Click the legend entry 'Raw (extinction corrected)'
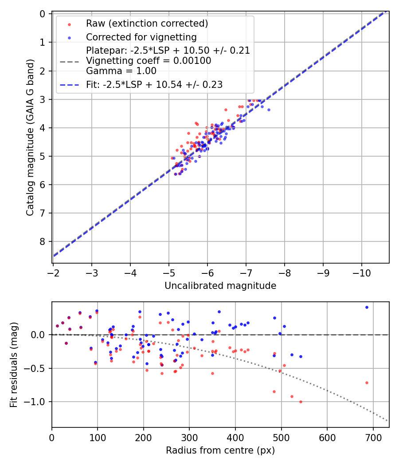click(x=147, y=23)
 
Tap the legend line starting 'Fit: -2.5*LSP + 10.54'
click(x=154, y=84)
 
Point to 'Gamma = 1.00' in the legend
click(x=121, y=71)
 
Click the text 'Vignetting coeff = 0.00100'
click(x=149, y=61)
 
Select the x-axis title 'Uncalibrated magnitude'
click(x=220, y=286)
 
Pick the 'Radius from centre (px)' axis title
click(x=220, y=450)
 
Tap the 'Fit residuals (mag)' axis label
click(x=14, y=365)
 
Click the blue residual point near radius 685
click(x=367, y=307)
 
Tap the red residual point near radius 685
click(x=367, y=383)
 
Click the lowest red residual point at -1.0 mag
click(x=301, y=402)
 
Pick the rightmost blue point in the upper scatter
click(x=268, y=110)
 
